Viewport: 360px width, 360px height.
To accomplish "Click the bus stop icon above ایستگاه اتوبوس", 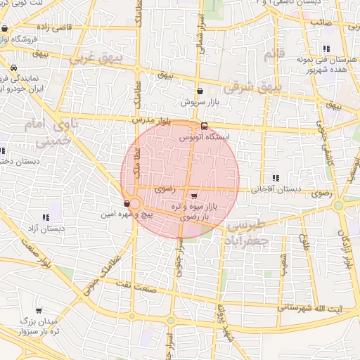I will click(204, 127).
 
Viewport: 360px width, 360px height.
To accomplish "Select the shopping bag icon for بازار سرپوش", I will click(200, 91).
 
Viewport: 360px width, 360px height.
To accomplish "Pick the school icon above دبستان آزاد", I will click(46, 218).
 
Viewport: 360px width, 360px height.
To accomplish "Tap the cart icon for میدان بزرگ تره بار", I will click(38, 309).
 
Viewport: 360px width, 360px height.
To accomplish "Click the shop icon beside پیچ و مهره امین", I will click(127, 204).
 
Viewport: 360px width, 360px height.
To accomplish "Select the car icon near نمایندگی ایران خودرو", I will click(14, 68).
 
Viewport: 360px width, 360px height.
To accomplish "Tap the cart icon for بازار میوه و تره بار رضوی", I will click(193, 196).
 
